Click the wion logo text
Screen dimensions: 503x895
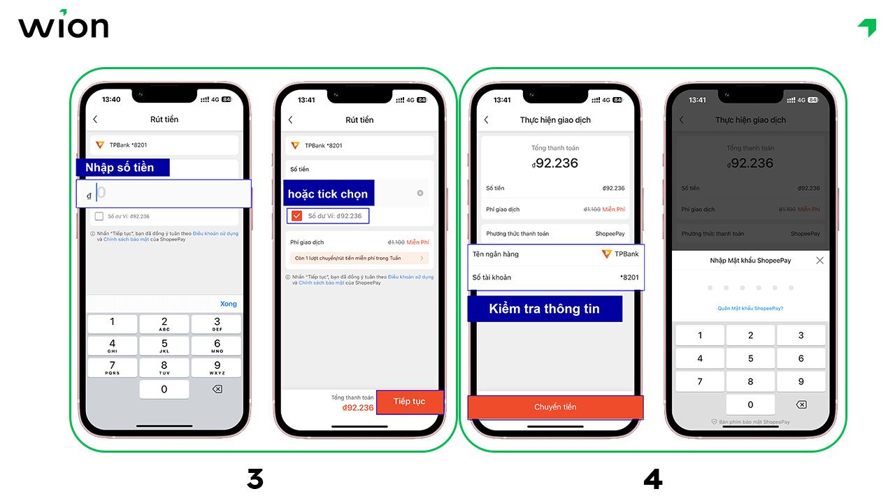(63, 26)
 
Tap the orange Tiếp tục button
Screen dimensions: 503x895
(410, 402)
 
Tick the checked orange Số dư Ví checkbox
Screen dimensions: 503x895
(297, 216)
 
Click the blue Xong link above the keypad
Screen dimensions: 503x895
(228, 304)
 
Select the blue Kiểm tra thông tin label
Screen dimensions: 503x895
(544, 309)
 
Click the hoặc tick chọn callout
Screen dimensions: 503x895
(328, 194)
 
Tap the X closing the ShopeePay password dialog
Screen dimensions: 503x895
(819, 261)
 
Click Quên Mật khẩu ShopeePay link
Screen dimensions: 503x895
(750, 308)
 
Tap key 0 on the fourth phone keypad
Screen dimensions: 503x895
(750, 404)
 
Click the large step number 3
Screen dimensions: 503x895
(255, 479)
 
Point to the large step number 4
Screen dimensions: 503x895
(652, 479)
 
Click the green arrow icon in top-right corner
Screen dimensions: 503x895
(867, 27)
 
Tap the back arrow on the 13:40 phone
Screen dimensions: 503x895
(96, 119)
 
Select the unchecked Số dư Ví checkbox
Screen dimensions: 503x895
(99, 217)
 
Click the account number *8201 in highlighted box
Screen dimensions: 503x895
(629, 277)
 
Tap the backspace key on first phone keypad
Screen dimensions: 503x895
(217, 389)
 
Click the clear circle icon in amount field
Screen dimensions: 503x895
(420, 193)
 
